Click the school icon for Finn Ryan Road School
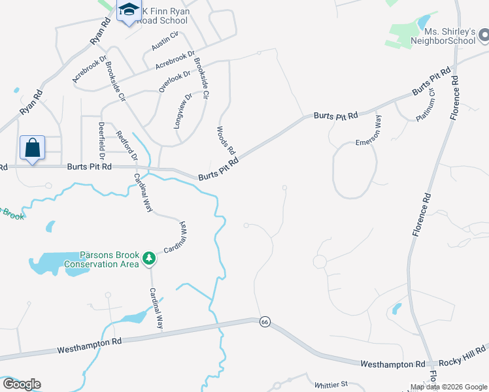[129, 10]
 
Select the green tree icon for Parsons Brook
[149, 258]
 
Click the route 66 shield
[264, 321]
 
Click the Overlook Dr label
[174, 80]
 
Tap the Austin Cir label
[165, 41]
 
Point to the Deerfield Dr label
[101, 140]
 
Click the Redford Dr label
[127, 147]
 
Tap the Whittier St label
[331, 385]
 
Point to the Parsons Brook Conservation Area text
[110, 259]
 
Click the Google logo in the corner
[21, 384]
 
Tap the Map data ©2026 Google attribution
[448, 387]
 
